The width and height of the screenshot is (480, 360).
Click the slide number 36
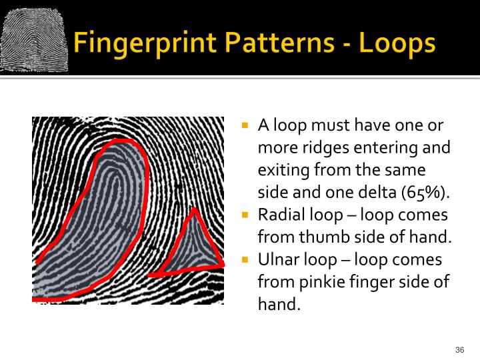[459, 350]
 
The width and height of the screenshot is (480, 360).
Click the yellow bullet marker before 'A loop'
[245, 125]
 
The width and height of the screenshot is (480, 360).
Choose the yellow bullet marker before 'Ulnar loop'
[245, 259]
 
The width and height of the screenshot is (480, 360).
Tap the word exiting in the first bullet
[281, 171]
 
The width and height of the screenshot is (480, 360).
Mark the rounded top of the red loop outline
[121, 142]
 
